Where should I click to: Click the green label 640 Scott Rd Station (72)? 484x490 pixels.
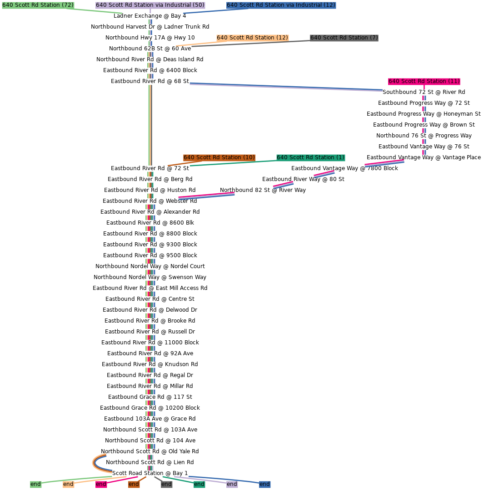(x=38, y=5)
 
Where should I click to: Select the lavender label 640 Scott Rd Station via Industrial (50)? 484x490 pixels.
(x=150, y=5)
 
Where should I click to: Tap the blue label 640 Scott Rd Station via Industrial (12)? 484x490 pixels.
(x=281, y=5)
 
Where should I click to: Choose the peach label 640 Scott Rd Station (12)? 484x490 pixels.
(x=252, y=38)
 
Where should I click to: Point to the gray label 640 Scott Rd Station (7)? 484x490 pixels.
(x=344, y=38)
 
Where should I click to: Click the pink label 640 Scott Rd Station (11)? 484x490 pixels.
(x=424, y=81)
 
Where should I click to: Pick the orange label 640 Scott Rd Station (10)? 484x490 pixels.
(x=219, y=157)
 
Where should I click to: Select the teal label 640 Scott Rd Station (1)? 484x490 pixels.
(x=310, y=157)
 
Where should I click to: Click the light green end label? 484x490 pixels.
(x=35, y=484)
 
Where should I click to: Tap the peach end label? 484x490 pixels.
(x=68, y=484)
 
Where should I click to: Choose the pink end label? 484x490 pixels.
(x=101, y=484)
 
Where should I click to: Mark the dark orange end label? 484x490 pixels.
(x=134, y=484)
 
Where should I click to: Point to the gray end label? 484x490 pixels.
(x=166, y=484)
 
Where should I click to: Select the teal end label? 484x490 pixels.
(x=199, y=484)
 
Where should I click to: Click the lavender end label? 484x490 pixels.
(x=232, y=484)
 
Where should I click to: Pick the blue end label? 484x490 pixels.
(x=264, y=484)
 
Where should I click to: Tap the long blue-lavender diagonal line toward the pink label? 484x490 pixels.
(x=286, y=87)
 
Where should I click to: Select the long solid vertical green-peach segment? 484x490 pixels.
(x=150, y=125)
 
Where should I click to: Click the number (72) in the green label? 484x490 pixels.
(x=68, y=5)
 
